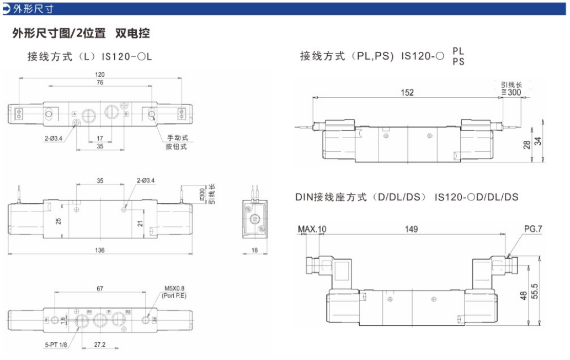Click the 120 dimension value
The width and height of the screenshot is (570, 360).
pyautogui.click(x=100, y=75)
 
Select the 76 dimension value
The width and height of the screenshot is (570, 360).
pyautogui.click(x=100, y=83)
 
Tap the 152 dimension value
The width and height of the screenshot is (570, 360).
pyautogui.click(x=407, y=93)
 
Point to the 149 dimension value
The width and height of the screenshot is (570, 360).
pyautogui.click(x=412, y=229)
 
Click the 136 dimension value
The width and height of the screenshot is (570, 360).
pyautogui.click(x=100, y=250)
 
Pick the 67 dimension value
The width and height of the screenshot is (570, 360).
pyautogui.click(x=100, y=288)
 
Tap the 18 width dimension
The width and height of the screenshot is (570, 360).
pyautogui.click(x=254, y=250)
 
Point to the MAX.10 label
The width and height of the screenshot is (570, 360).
pyautogui.click(x=312, y=229)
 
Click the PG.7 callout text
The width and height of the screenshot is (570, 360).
pyautogui.click(x=533, y=229)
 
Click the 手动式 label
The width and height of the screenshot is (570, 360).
pyautogui.click(x=177, y=138)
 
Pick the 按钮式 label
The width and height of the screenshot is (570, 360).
pyautogui.click(x=177, y=146)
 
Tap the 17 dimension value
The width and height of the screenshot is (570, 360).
pyautogui.click(x=100, y=138)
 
